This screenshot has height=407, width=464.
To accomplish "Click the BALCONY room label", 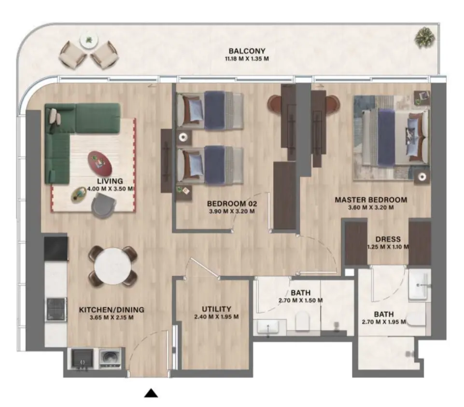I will click(x=247, y=51).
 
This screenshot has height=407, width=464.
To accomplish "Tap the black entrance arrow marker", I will click(x=152, y=393).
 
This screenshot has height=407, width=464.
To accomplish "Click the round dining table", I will click(x=112, y=266).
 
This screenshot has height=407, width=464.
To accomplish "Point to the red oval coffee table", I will click(x=100, y=163).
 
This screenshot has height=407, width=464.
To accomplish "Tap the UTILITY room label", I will click(x=216, y=309).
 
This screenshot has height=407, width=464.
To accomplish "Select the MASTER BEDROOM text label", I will click(x=371, y=199).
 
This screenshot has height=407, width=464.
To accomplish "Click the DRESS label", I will click(x=388, y=239).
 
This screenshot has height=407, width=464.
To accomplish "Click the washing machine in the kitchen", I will click(x=111, y=359).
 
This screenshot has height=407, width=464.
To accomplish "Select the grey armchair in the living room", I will click(x=103, y=207).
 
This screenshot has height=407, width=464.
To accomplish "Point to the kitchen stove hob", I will click(x=56, y=309).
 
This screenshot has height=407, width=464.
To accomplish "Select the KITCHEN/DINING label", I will click(x=112, y=310).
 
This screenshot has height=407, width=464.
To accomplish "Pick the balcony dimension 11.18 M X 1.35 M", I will click(x=247, y=59).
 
